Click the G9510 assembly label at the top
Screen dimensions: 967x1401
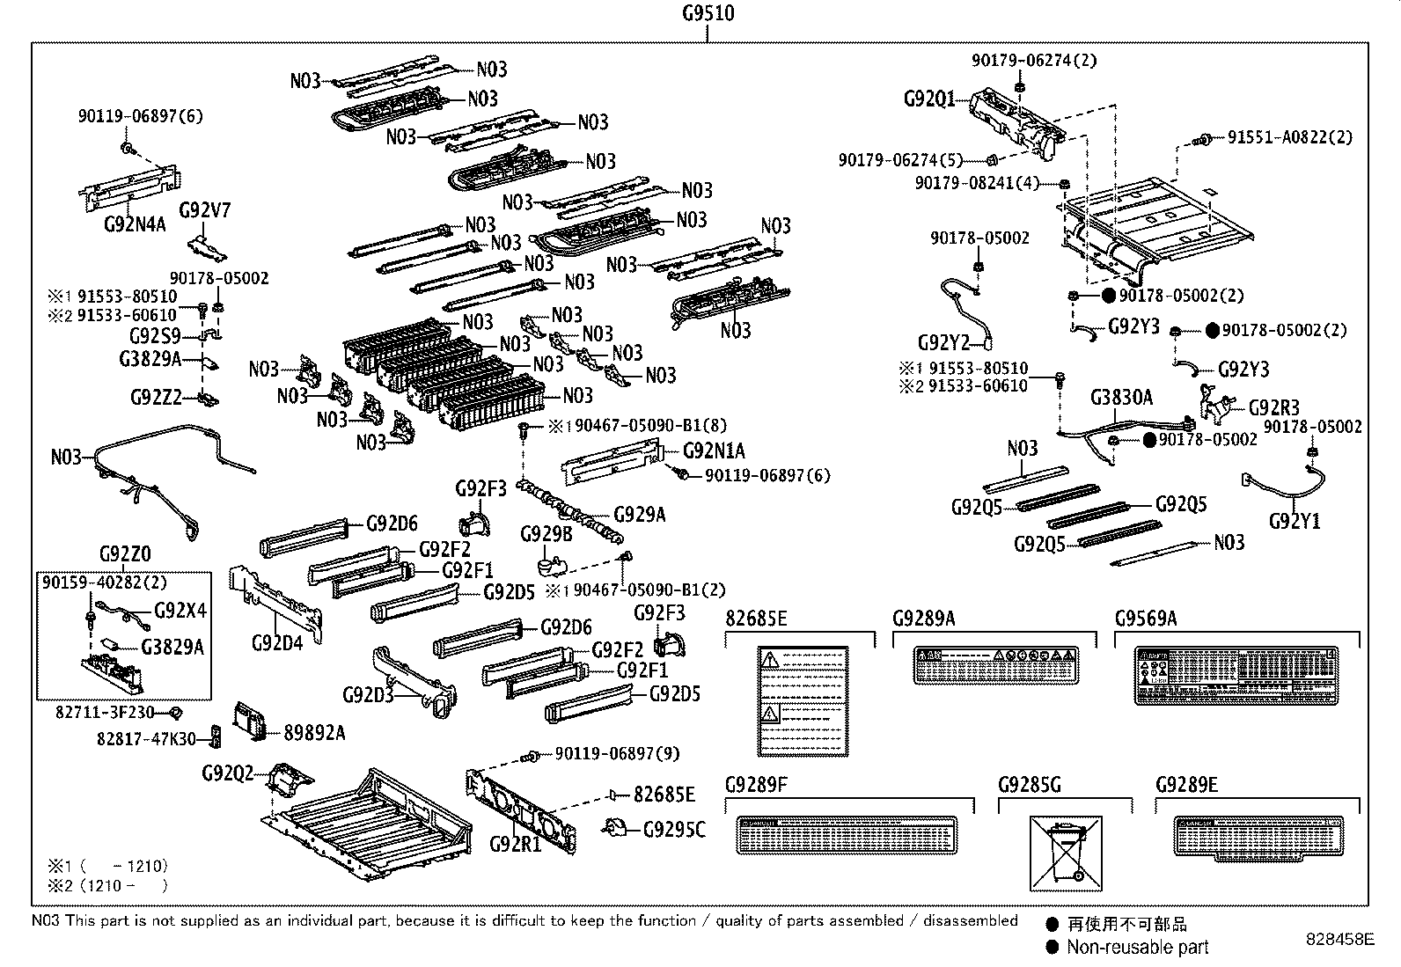[x=708, y=13]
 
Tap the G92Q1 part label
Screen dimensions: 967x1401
[x=929, y=99]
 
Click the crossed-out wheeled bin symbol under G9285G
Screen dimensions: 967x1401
[x=1065, y=853]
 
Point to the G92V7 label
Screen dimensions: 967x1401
[x=205, y=210]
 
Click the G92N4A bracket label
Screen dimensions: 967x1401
[x=135, y=223]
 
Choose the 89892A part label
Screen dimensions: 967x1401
[x=314, y=732]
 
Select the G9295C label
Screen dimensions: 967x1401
[x=674, y=829]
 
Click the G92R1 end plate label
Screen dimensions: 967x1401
[x=515, y=844]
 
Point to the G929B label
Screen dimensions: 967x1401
[x=546, y=534]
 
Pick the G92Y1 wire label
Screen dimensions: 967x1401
[x=1295, y=521]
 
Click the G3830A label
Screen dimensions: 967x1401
[x=1121, y=398]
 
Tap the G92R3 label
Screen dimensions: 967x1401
[x=1274, y=407]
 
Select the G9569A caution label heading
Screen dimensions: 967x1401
[x=1145, y=619]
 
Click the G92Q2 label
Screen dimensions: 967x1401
[x=227, y=773]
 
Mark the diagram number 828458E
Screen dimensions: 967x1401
[x=1339, y=939]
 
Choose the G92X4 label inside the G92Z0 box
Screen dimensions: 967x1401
[x=180, y=611]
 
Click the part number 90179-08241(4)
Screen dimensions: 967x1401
[x=977, y=183]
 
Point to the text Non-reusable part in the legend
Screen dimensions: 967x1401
[x=1137, y=948]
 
